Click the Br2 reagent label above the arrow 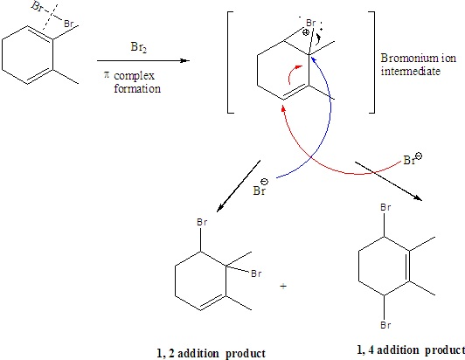click(x=138, y=47)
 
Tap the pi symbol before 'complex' click(x=107, y=74)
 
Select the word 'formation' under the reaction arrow click(x=137, y=88)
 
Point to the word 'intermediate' click(x=411, y=71)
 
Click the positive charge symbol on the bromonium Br click(x=305, y=32)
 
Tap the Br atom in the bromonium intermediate click(x=310, y=23)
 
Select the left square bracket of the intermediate click(x=231, y=62)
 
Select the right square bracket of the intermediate click(x=371, y=62)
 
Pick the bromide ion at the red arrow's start click(x=413, y=159)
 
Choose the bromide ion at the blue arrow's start click(x=260, y=187)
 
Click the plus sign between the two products click(x=283, y=286)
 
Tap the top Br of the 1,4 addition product click(x=385, y=207)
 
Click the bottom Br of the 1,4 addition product click(x=385, y=325)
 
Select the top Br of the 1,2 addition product click(x=202, y=222)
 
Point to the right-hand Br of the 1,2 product click(x=256, y=273)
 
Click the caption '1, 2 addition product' click(x=211, y=354)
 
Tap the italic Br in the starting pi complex click(x=38, y=6)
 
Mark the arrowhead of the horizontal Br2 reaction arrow click(x=185, y=61)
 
